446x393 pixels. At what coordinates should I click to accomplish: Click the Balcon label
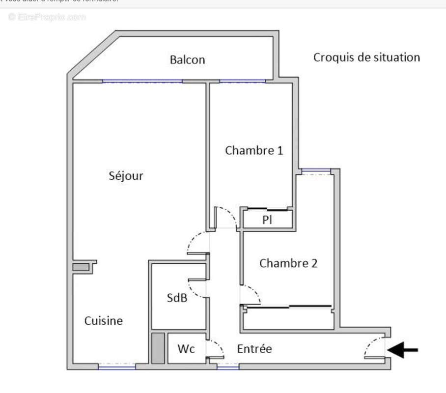187,60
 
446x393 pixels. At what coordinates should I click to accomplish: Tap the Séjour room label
126,176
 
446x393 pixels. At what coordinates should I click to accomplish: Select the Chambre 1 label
254,150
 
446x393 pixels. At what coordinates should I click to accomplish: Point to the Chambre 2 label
288,263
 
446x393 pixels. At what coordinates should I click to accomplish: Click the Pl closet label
267,220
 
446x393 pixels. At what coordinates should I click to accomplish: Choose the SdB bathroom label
177,298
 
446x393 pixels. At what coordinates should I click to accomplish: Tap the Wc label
186,349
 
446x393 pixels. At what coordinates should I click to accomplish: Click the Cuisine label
103,321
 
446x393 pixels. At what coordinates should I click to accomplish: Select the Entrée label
254,349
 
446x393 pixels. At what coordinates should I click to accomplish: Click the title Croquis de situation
366,57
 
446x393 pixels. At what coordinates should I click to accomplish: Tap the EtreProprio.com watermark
47,17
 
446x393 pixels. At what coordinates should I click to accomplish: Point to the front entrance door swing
373,348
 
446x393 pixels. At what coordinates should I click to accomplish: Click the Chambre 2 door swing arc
251,294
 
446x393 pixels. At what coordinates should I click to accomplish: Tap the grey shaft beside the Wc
158,348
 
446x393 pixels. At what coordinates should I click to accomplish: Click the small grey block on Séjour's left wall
81,267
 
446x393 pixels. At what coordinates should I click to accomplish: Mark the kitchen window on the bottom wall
117,366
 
